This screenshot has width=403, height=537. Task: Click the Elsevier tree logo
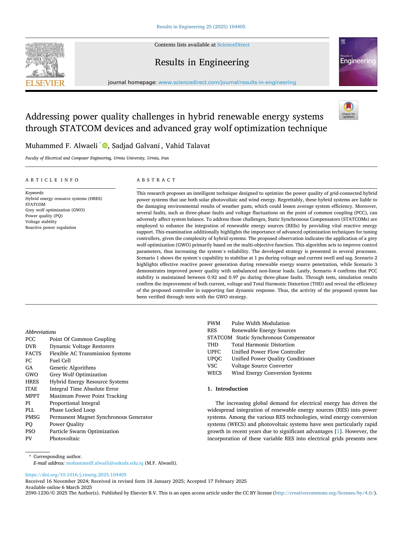(45, 64)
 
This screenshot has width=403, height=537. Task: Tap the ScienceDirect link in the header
(233, 45)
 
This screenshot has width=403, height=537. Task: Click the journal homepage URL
(227, 82)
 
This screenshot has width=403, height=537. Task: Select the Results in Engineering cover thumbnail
(358, 62)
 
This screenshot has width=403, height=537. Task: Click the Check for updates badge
(348, 110)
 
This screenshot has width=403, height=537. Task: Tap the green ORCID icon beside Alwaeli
(105, 146)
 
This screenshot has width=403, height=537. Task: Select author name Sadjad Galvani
(136, 146)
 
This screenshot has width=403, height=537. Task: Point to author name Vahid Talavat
(188, 146)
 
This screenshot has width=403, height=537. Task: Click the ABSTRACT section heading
(156, 180)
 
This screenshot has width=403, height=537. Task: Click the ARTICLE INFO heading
(52, 180)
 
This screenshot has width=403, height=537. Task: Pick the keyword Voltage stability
(41, 222)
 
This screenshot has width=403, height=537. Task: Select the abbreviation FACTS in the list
(33, 354)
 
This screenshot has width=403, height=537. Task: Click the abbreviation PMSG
(32, 417)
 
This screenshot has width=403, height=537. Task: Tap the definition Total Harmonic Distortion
(263, 345)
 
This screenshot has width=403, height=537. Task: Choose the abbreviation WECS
(214, 373)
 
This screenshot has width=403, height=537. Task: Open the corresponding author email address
(105, 463)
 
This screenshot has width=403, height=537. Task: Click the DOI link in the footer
(76, 475)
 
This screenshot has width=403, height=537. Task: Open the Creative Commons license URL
(325, 493)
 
